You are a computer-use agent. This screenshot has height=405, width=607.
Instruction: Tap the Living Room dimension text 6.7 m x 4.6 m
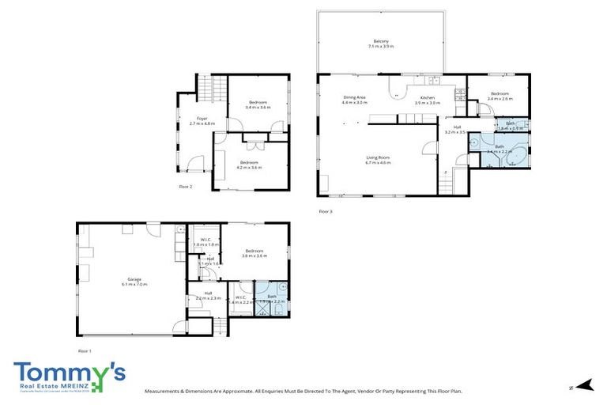pyautogui.click(x=379, y=163)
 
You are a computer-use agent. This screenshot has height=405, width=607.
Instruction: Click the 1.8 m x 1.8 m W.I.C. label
pyautogui.click(x=204, y=240)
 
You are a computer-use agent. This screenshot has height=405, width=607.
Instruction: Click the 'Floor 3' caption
pyautogui.click(x=326, y=211)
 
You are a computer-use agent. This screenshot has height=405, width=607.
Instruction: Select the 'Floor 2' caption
pyautogui.click(x=186, y=186)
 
